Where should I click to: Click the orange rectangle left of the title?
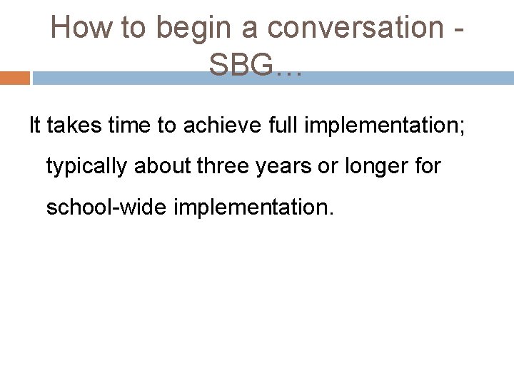14,78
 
